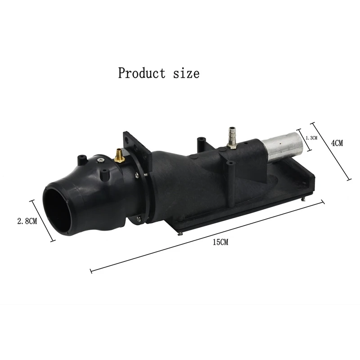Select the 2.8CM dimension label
[27, 221]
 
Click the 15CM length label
[220, 242]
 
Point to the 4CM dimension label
[337, 143]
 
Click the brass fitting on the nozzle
[119, 156]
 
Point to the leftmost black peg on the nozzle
[81, 159]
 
